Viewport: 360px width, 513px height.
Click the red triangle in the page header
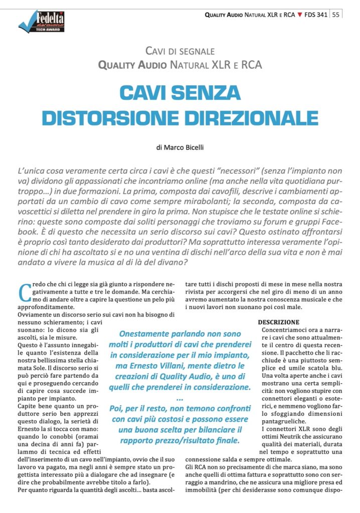tap(300, 15)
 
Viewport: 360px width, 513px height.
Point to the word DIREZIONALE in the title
tap(245, 117)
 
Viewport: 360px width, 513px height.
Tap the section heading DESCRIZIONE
tap(279, 322)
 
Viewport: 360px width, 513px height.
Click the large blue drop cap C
tap(25, 292)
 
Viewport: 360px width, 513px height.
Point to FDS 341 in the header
tap(316, 15)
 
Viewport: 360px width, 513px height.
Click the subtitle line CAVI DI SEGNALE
tap(180, 51)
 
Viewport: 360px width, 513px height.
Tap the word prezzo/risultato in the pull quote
tap(200, 441)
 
